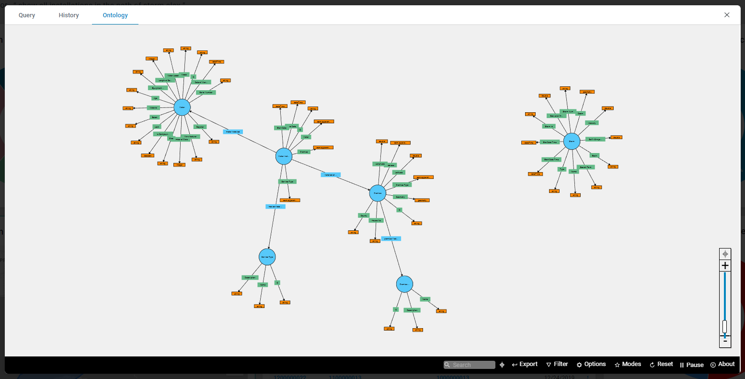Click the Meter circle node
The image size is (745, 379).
pos(182,107)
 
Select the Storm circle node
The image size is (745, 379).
pos(572,141)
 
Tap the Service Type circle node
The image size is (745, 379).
pos(267,257)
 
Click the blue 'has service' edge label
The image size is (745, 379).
pos(275,207)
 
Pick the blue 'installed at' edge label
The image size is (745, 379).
pos(331,175)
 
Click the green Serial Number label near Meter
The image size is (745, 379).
pos(206,92)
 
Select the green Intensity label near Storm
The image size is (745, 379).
pos(592,123)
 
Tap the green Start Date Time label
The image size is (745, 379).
pos(551,159)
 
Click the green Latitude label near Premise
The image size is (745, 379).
pos(399,172)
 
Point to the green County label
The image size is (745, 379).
pos(364,215)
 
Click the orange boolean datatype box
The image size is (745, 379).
pos(148,155)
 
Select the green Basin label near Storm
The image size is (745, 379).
pos(595,155)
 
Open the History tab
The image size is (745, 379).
pos(69,15)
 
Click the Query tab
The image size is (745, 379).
pos(27,15)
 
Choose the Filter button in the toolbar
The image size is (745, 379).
pos(557,365)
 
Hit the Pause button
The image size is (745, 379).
pos(691,365)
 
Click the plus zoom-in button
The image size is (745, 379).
pos(725,266)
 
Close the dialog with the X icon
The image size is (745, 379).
pos(727,15)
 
